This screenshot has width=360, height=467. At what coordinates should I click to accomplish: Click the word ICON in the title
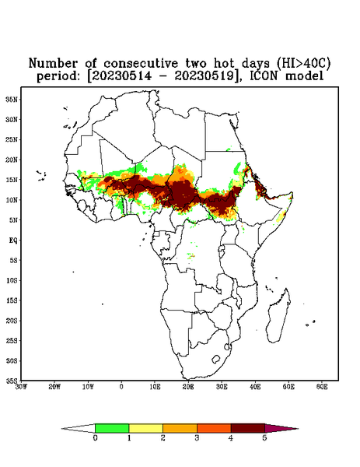[264, 75]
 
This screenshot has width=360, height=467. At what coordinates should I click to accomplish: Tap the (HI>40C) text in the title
[303, 63]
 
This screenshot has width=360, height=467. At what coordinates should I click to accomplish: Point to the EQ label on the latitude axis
[12, 240]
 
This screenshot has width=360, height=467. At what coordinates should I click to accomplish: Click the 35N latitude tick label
[12, 99]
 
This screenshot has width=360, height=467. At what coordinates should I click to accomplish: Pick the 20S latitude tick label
[12, 321]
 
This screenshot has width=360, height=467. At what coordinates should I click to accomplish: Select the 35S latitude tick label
[12, 381]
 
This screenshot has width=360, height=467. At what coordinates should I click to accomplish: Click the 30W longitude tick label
[21, 387]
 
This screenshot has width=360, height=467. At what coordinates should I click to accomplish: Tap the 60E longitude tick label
[322, 387]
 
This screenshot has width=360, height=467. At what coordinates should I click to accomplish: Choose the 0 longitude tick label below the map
[121, 387]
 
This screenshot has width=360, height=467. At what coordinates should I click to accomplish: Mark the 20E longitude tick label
[188, 387]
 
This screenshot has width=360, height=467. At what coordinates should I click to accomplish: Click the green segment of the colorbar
[112, 428]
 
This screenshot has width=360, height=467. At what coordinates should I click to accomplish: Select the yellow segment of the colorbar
[145, 428]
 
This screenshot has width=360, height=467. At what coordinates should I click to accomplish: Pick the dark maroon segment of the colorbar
[248, 428]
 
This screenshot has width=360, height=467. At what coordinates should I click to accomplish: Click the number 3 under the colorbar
[197, 438]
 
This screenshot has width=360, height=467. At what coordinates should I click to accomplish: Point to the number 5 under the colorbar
[264, 438]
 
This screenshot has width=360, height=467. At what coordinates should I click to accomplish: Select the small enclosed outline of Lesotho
[216, 359]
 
